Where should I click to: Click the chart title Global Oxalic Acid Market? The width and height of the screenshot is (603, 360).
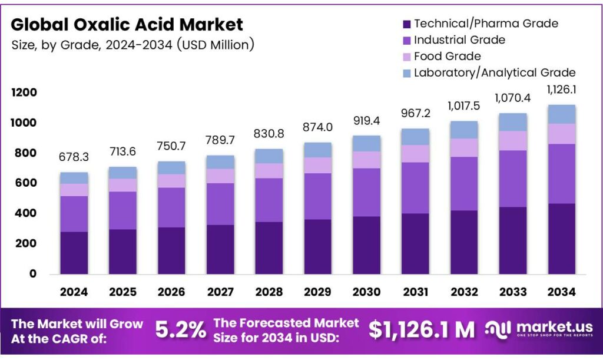click(127, 24)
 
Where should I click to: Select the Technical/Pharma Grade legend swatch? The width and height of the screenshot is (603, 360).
click(406, 24)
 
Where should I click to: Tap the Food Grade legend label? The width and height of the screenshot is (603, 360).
click(447, 57)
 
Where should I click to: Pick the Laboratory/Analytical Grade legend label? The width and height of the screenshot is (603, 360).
click(495, 73)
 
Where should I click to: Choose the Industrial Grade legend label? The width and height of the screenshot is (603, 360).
click(459, 40)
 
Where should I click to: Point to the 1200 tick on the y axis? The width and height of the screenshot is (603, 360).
click(24, 93)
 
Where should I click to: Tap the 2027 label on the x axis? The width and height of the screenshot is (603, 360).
click(220, 292)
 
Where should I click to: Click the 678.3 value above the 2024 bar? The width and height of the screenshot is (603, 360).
click(73, 157)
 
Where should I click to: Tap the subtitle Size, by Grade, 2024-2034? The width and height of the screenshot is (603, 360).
click(132, 45)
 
